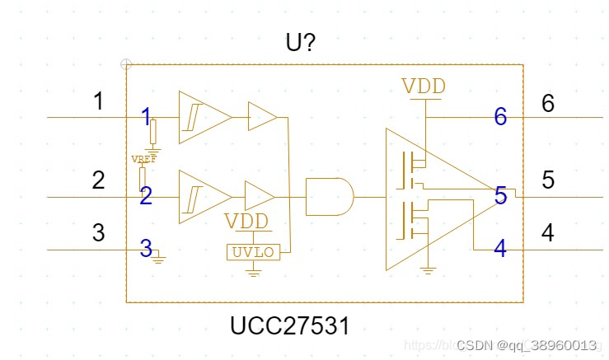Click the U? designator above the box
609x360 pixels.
tap(300, 42)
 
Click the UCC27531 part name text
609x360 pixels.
tap(289, 326)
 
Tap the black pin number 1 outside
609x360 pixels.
tap(99, 102)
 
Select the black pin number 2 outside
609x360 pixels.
tap(98, 180)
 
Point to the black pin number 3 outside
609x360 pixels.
tap(98, 233)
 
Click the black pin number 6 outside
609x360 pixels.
tap(548, 103)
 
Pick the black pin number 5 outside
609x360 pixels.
tap(548, 180)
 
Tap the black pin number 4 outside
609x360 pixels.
tap(547, 233)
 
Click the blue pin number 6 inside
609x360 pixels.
tap(500, 117)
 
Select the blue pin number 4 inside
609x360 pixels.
tap(500, 248)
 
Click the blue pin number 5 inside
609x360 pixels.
tap(500, 196)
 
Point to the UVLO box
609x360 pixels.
tap(254, 252)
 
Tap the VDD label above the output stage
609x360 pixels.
tap(424, 86)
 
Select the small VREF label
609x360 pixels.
tap(143, 158)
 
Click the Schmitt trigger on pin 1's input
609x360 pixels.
tap(204, 117)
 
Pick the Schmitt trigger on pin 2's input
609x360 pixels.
tap(204, 197)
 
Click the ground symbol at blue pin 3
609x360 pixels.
tap(159, 258)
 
